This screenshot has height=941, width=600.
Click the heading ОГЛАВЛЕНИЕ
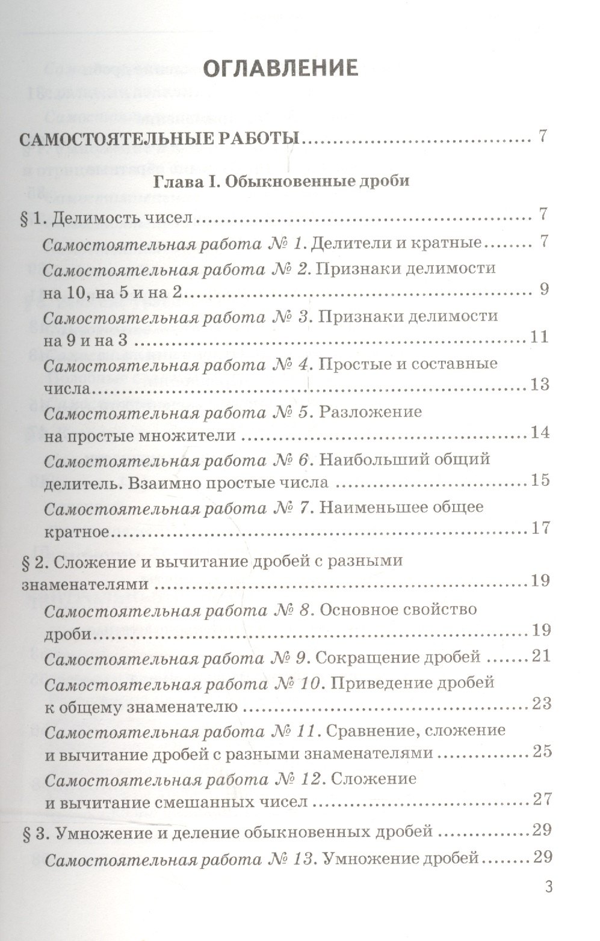pos(281,69)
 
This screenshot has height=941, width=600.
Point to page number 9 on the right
pos(543,289)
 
